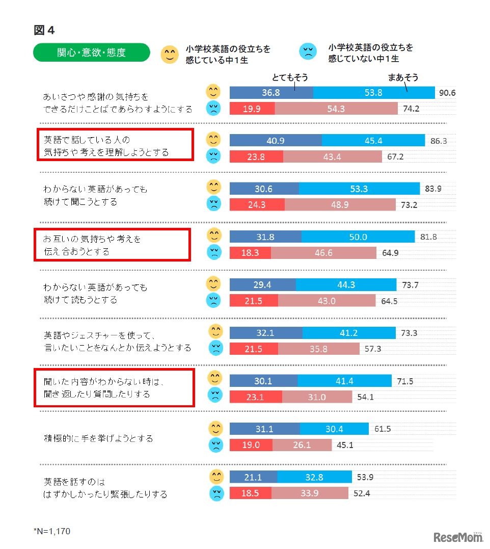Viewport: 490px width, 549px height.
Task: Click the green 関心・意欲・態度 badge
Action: [x=92, y=53]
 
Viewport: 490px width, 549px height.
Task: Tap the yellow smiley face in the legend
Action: [x=169, y=54]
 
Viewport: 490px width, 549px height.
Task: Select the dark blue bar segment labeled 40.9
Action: [x=276, y=141]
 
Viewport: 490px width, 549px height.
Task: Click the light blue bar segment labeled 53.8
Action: [x=374, y=92]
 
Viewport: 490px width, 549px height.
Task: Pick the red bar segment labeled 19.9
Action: [x=252, y=109]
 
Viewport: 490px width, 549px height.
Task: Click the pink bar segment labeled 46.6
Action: [x=323, y=252]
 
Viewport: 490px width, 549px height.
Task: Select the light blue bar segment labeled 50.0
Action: [x=358, y=237]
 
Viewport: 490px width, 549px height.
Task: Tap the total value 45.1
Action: [x=345, y=445]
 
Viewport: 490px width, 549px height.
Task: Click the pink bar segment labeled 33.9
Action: [x=310, y=493]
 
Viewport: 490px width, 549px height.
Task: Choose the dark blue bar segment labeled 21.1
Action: [x=253, y=477]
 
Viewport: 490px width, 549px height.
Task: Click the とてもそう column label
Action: [x=290, y=77]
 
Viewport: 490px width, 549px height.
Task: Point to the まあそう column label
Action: [x=403, y=77]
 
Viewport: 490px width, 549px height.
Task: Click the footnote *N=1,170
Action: [x=52, y=531]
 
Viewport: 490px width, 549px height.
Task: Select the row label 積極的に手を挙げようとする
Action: [x=98, y=438]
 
